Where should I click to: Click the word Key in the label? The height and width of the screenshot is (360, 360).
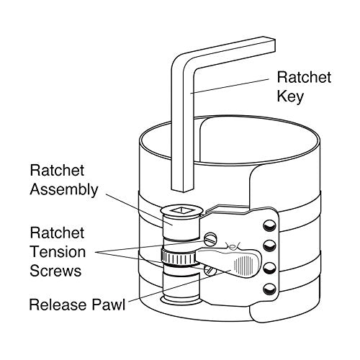click(290, 96)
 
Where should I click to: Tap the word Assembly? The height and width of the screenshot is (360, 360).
click(64, 190)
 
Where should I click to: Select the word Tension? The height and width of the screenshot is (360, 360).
click(58, 252)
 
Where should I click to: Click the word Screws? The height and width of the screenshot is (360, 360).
click(55, 271)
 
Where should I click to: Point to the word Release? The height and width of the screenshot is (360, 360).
click(58, 305)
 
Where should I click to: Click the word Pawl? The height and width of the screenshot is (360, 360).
click(109, 305)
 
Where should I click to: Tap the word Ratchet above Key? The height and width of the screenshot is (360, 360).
click(304, 77)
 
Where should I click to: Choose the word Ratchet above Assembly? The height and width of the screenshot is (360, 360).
click(57, 171)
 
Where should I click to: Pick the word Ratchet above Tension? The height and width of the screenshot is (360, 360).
click(57, 233)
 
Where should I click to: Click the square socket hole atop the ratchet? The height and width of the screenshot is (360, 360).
click(181, 210)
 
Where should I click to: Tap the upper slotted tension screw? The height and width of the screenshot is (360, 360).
click(210, 239)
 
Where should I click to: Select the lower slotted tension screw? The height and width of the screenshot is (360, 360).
click(210, 270)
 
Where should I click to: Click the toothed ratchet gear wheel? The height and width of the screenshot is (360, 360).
click(179, 258)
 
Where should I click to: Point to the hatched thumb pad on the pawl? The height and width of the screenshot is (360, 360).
click(245, 265)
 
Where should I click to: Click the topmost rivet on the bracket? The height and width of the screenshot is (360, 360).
click(269, 225)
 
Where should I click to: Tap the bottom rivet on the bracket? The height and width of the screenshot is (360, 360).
click(269, 289)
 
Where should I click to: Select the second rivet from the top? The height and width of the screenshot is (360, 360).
click(269, 246)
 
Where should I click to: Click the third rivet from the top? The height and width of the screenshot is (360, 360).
click(269, 268)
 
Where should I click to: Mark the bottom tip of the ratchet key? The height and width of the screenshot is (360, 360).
click(184, 192)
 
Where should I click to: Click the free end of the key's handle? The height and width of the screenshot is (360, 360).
click(269, 45)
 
